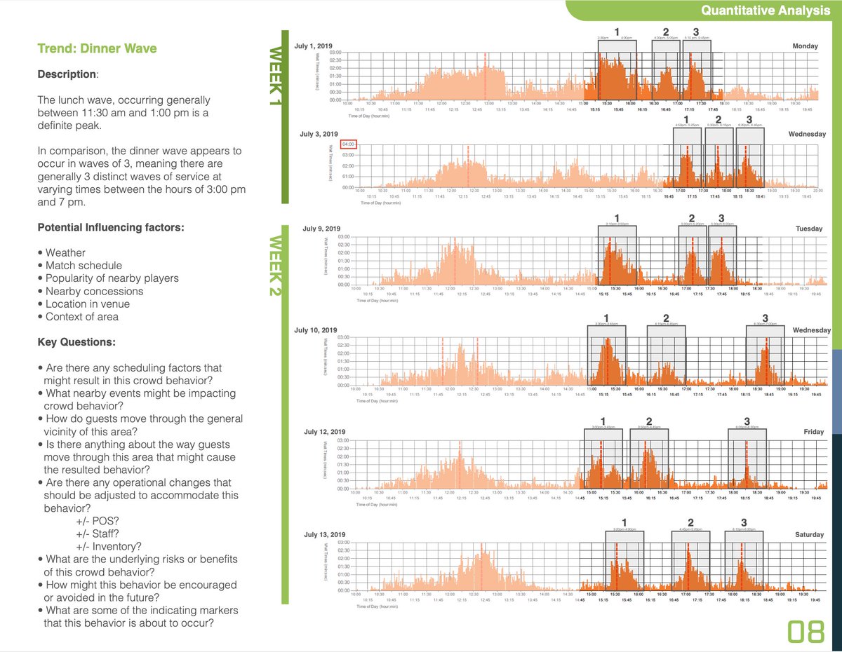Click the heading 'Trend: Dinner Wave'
97,48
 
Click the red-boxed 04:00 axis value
349,145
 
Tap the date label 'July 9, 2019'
321,229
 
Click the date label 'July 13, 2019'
322,534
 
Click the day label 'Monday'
805,46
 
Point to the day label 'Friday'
814,432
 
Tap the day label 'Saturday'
809,535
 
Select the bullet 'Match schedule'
83,266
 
